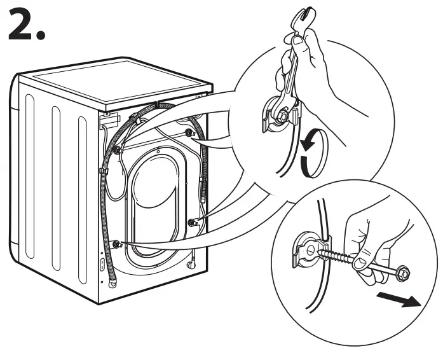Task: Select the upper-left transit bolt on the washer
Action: (118, 150)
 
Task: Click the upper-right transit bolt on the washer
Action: (189, 132)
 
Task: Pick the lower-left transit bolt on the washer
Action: (116, 244)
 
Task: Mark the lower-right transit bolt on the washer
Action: (191, 222)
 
